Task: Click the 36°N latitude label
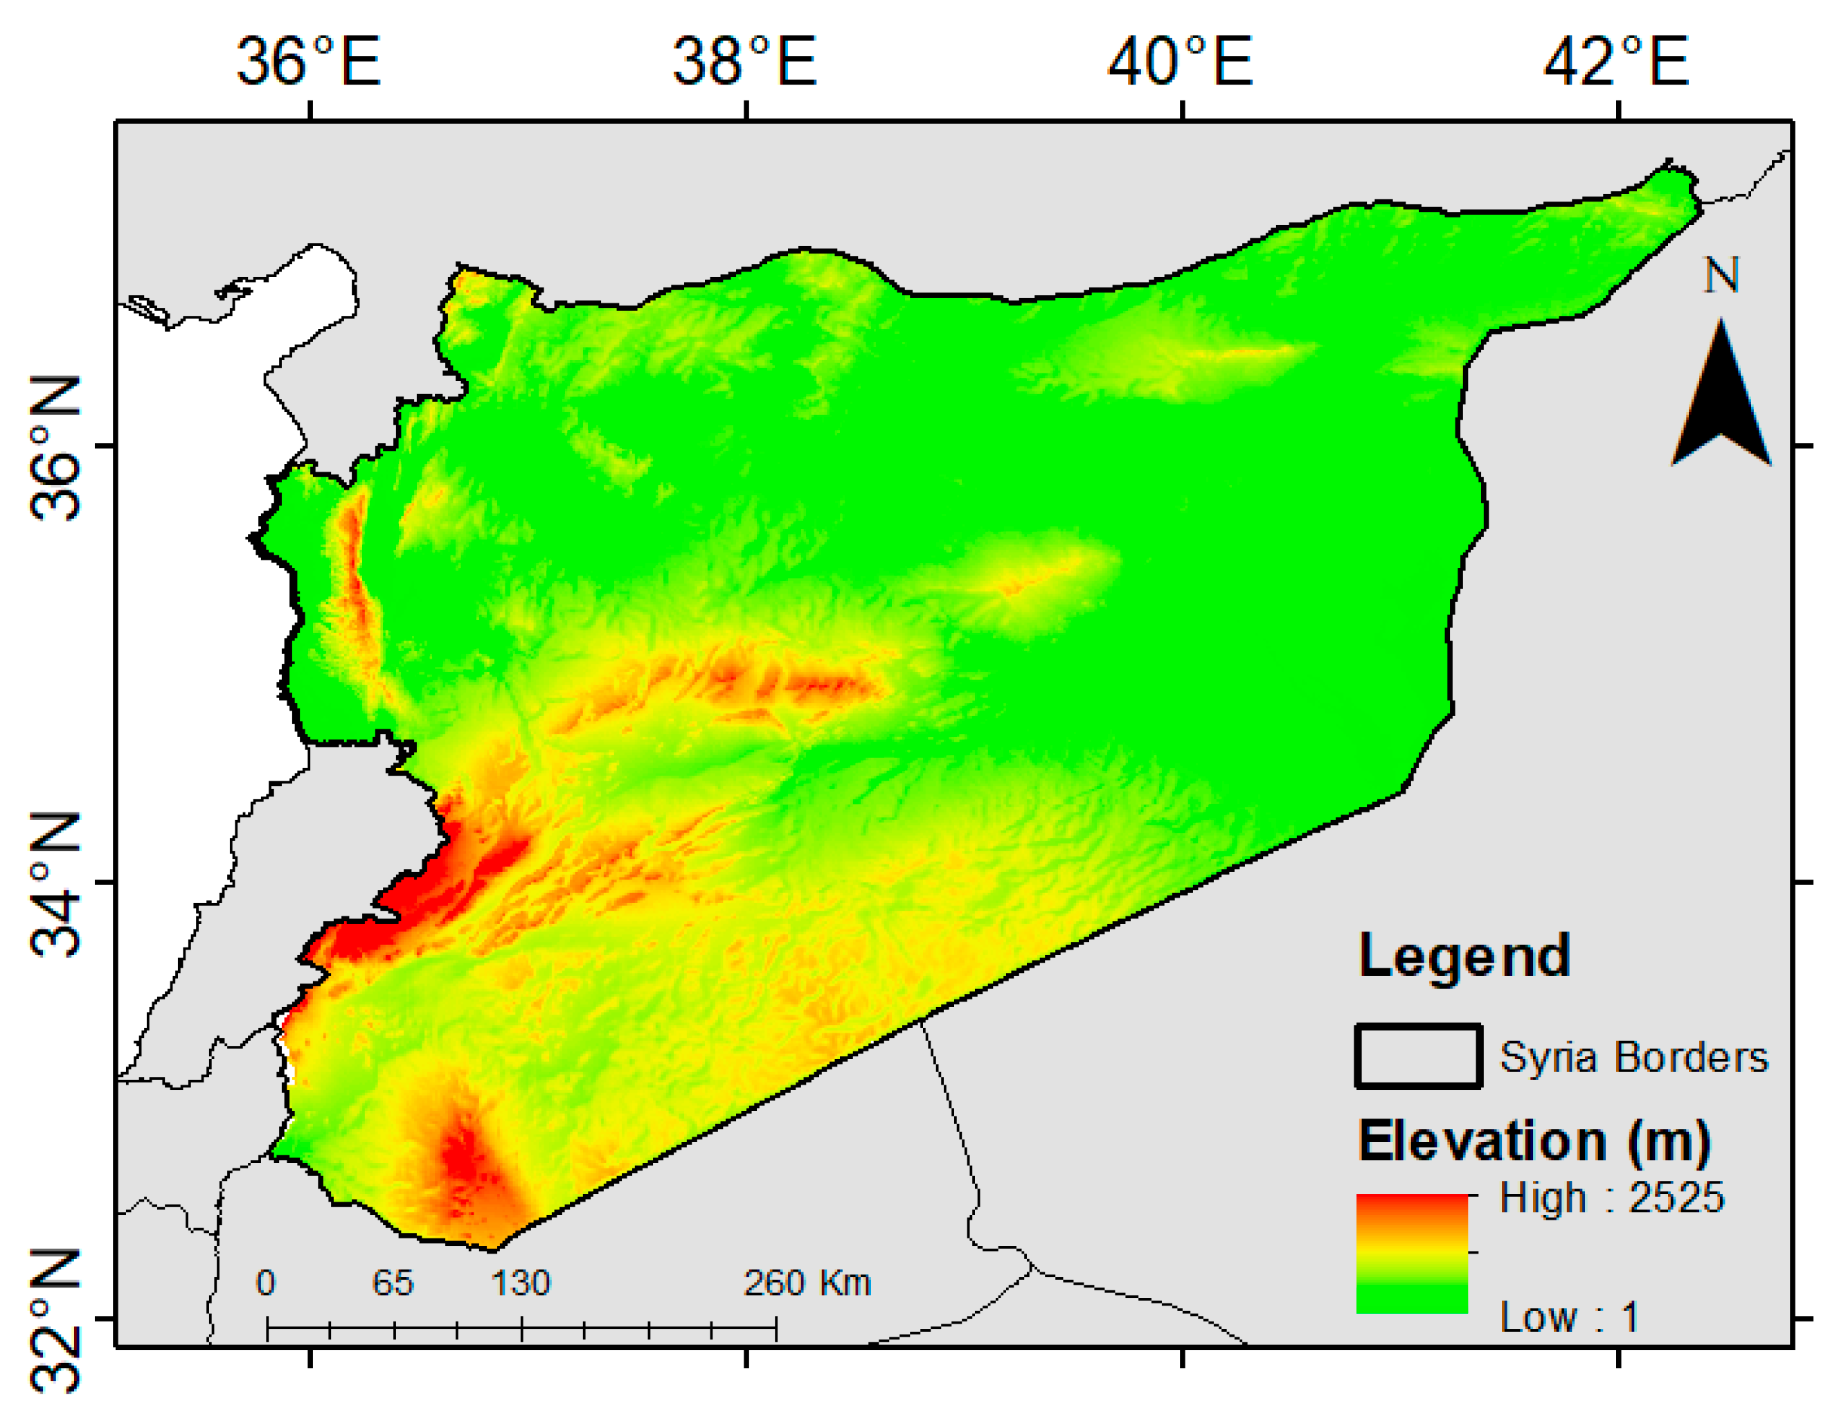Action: [x=55, y=447]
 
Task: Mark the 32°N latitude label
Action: [x=55, y=1321]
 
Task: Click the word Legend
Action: [x=1464, y=956]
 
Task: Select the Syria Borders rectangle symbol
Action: [x=1418, y=1056]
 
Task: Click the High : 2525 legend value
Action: [x=1611, y=1197]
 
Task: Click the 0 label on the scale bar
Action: [x=266, y=1283]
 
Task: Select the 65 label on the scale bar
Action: [x=393, y=1283]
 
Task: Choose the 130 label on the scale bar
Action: [x=521, y=1283]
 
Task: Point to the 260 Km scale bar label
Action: [x=807, y=1283]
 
